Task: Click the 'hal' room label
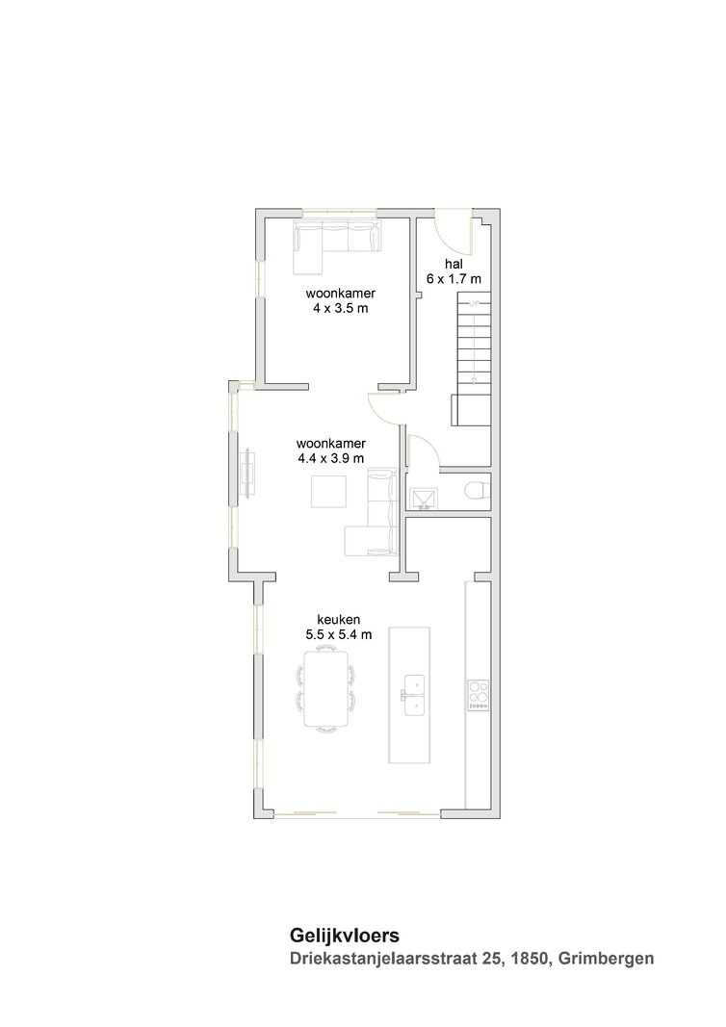click(x=454, y=264)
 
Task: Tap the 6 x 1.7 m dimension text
click(x=454, y=278)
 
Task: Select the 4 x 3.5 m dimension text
click(x=341, y=308)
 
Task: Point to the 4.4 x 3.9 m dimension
click(x=331, y=458)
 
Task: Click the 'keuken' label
click(x=339, y=619)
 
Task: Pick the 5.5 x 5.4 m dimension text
click(x=339, y=634)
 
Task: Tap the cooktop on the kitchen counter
click(x=479, y=695)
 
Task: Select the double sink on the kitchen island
click(x=414, y=695)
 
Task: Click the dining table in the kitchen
click(x=326, y=688)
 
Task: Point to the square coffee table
click(x=328, y=492)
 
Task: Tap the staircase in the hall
click(x=473, y=360)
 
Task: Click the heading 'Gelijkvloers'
click(x=345, y=936)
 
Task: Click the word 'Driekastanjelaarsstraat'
click(x=381, y=959)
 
